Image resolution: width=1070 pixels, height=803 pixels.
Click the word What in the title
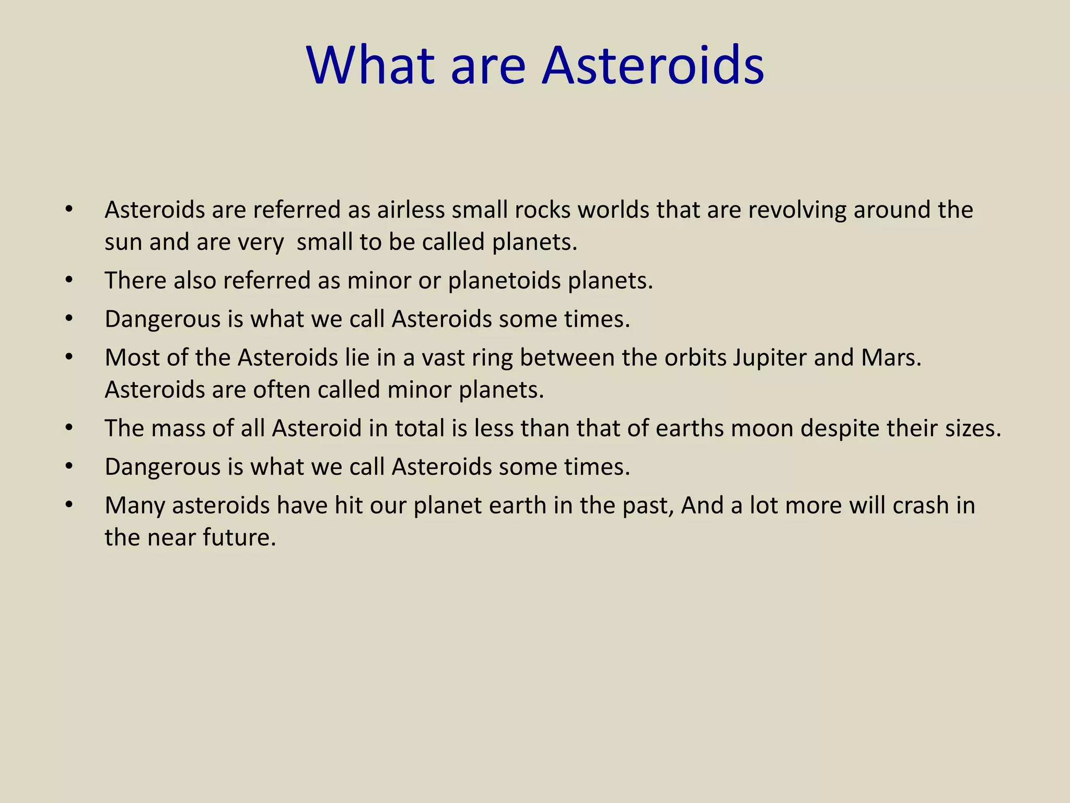(370, 66)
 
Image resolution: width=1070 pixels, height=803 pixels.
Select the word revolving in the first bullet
(797, 210)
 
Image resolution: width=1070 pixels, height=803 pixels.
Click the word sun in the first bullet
(123, 242)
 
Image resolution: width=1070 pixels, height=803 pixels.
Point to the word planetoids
(504, 281)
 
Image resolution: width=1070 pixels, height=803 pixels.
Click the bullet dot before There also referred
(69, 281)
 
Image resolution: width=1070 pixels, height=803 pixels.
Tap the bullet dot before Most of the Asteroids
(69, 358)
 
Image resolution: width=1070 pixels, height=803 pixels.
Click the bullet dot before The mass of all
(69, 428)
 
